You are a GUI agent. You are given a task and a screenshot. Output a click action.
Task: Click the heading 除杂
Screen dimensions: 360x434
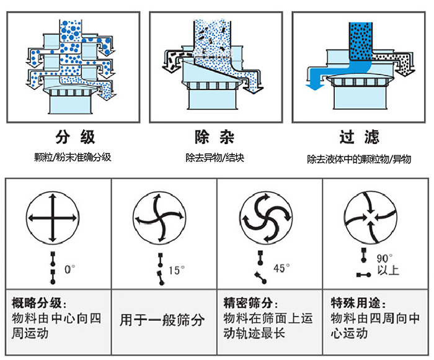coord(215,137)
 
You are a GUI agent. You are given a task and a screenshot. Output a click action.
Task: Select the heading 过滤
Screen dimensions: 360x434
coord(359,137)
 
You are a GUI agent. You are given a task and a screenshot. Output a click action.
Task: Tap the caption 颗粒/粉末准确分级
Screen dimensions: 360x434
coord(73,157)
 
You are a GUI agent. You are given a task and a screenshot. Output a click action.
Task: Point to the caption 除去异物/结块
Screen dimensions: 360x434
coord(215,158)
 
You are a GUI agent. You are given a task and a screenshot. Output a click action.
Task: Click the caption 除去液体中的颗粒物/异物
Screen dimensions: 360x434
coord(359,159)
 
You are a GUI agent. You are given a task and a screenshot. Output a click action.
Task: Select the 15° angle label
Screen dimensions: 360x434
coord(177,270)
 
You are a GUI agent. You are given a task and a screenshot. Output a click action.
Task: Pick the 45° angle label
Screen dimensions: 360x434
coord(281,268)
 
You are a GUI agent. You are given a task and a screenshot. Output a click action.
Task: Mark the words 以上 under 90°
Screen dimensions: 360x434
coord(387,271)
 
